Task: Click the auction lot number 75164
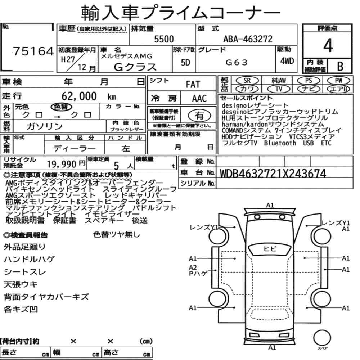click(33, 51)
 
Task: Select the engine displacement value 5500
click(164, 39)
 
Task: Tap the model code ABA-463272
click(248, 39)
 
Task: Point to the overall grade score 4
click(328, 45)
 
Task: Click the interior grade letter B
click(340, 66)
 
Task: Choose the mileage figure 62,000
click(79, 96)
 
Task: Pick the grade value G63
click(237, 62)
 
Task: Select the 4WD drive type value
click(287, 61)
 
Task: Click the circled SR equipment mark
click(247, 81)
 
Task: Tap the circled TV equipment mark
click(279, 89)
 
